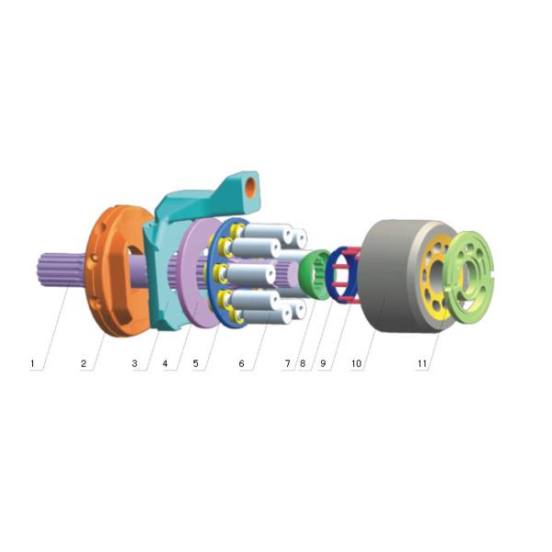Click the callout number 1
point(32,364)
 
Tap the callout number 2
point(84,364)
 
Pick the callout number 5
point(195,364)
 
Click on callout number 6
point(242,364)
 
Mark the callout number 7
point(287,364)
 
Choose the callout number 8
point(302,364)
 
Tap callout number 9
point(323,364)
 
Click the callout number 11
point(422,364)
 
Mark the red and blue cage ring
point(345,273)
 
